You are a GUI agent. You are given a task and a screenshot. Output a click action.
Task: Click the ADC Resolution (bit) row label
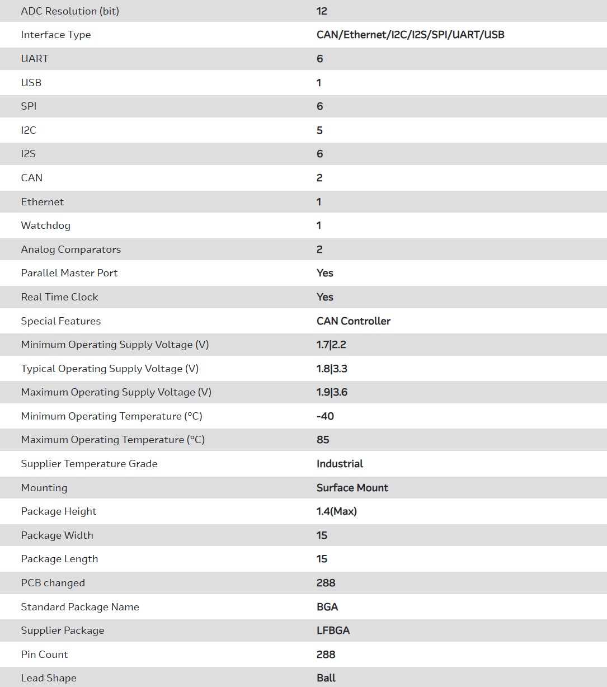tap(70, 11)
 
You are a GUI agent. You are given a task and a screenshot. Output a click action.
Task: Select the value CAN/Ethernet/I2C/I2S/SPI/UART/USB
tap(410, 35)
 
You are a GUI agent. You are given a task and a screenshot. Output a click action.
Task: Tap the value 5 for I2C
tap(319, 130)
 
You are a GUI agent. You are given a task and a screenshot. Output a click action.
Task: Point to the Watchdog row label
tap(45, 225)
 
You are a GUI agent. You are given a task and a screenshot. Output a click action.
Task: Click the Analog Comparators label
tap(70, 250)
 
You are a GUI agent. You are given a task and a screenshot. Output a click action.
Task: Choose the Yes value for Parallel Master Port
tap(324, 273)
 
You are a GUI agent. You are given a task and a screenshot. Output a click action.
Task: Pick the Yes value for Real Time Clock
tap(324, 297)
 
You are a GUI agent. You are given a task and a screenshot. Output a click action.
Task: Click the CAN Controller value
tap(353, 321)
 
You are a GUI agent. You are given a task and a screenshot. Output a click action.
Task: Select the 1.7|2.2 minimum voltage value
tap(331, 345)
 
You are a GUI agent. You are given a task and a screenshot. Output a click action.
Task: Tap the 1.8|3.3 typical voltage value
tap(332, 369)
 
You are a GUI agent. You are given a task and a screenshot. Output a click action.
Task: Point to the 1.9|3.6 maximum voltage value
tap(332, 392)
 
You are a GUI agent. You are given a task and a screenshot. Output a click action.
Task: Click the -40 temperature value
tap(325, 416)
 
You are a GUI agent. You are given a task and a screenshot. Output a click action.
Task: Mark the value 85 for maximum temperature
tap(323, 440)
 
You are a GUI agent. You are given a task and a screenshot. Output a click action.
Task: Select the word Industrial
tap(340, 464)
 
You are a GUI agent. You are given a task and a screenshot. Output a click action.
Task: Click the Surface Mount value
tap(352, 488)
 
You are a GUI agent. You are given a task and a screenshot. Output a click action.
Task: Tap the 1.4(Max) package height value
tap(336, 511)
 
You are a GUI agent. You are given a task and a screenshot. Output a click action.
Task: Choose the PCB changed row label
tap(53, 583)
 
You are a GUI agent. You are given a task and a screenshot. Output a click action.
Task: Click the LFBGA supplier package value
tap(333, 630)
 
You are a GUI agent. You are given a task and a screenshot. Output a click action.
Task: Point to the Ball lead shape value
tap(326, 678)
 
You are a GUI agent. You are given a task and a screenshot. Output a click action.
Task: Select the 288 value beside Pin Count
tap(326, 655)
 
